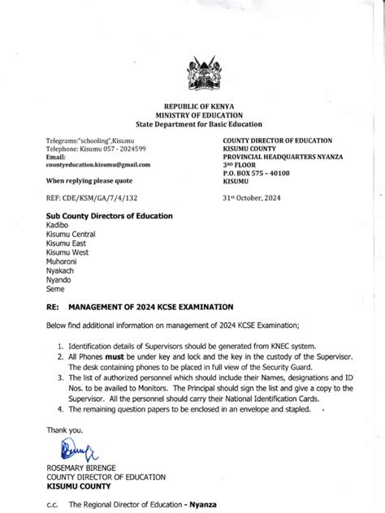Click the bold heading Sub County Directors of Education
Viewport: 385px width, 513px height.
[109, 216]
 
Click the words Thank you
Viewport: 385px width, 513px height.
[64, 430]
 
